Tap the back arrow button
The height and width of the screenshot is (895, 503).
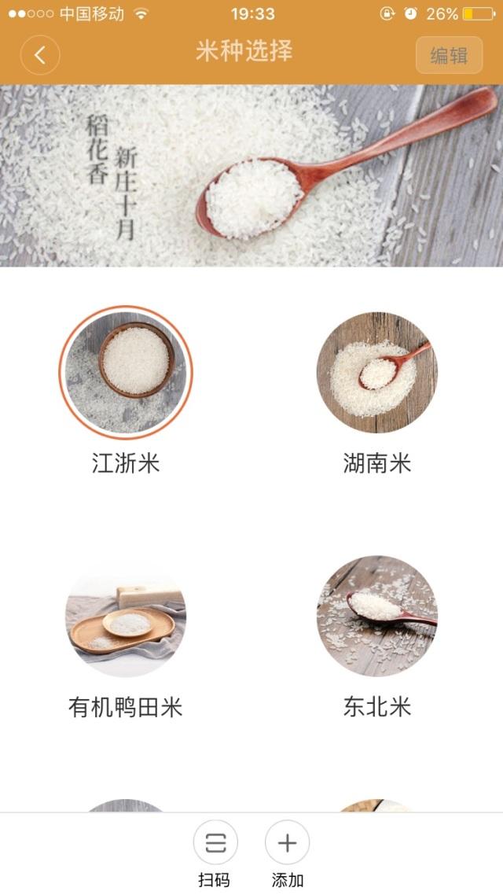click(x=40, y=55)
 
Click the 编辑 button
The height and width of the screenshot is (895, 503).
click(x=450, y=55)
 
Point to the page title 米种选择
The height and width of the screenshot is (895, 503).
click(x=244, y=51)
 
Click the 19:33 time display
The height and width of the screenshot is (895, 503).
click(x=252, y=13)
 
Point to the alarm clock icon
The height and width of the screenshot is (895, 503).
click(x=410, y=13)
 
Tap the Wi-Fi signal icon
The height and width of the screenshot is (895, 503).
click(x=141, y=13)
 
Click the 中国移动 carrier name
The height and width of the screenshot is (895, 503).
click(x=92, y=13)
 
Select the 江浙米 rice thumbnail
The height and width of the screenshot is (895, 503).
click(x=126, y=372)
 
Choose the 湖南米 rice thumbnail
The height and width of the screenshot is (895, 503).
click(x=377, y=372)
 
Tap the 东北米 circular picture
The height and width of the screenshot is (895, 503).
click(x=377, y=617)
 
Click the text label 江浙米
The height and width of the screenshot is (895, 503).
click(x=126, y=463)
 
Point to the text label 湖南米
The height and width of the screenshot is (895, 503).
click(x=377, y=463)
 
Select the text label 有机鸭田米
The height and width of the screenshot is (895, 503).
click(x=126, y=707)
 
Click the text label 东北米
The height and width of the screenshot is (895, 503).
click(x=377, y=707)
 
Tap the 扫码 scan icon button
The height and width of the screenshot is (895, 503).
click(x=215, y=842)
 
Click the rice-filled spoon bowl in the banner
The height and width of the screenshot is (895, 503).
click(x=252, y=197)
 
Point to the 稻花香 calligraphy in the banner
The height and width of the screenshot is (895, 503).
click(x=97, y=149)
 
